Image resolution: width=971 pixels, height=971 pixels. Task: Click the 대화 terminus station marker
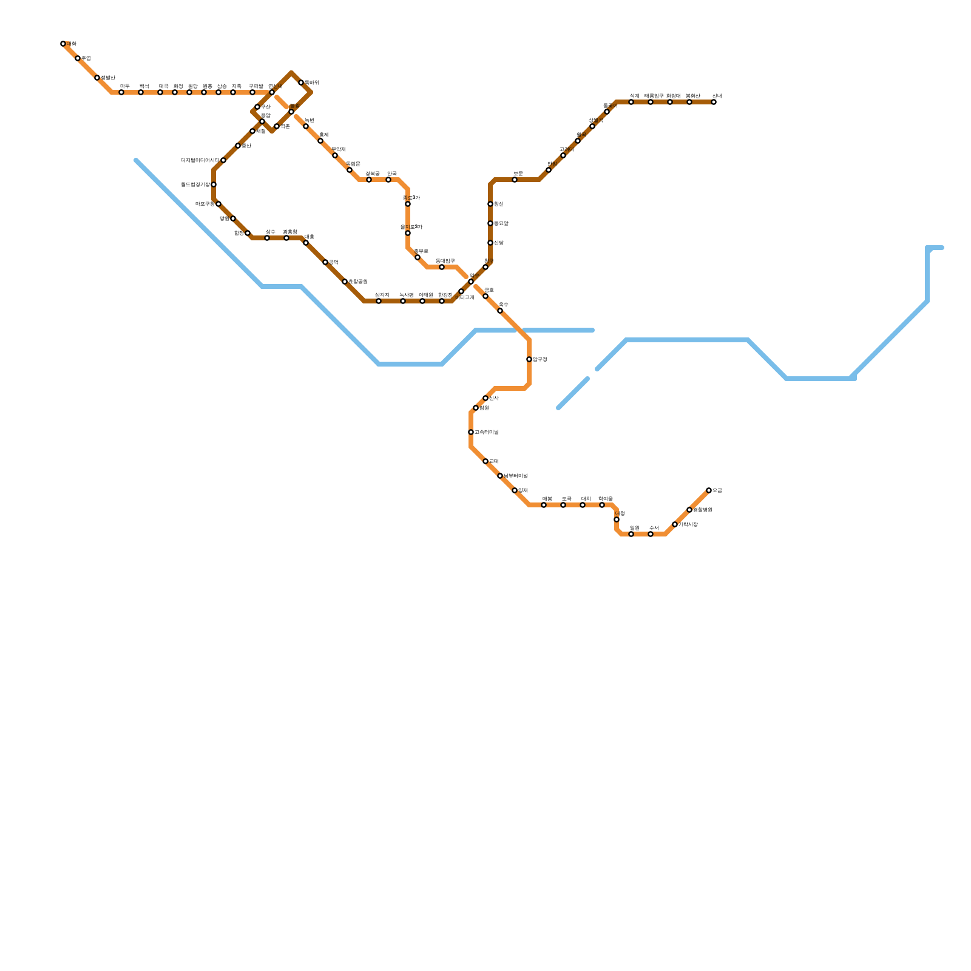[63, 44]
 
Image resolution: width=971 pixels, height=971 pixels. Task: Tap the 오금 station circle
[709, 490]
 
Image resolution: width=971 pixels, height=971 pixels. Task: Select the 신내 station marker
[714, 102]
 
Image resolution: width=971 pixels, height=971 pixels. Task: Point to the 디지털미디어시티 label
[200, 160]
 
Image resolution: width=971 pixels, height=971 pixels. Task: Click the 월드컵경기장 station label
[195, 184]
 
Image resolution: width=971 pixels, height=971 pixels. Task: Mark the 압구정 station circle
[529, 359]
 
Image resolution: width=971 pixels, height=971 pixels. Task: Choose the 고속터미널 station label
[486, 432]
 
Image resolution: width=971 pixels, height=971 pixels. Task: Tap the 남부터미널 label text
[515, 476]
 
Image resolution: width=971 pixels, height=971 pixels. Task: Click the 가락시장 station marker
[675, 524]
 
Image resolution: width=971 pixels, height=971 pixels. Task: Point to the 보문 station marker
[515, 180]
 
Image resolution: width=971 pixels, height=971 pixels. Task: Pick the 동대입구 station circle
[442, 267]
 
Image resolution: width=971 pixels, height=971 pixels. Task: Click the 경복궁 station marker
[369, 180]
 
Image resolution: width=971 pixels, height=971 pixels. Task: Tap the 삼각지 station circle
[379, 301]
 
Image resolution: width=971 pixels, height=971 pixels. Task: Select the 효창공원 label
[357, 282]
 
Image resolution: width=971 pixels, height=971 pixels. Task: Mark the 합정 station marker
[248, 233]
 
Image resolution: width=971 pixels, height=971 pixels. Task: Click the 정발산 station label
[107, 78]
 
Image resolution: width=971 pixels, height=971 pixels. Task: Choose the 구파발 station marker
[252, 92]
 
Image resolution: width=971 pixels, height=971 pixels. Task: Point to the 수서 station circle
[651, 534]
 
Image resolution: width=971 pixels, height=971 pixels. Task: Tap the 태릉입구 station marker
[651, 102]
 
